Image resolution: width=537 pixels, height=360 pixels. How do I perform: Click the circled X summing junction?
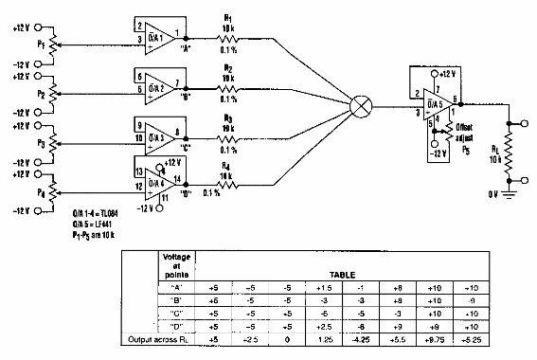pyautogui.click(x=361, y=105)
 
